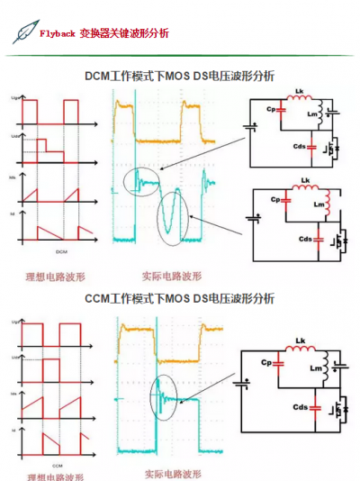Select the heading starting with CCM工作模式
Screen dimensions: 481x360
pos(180,298)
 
